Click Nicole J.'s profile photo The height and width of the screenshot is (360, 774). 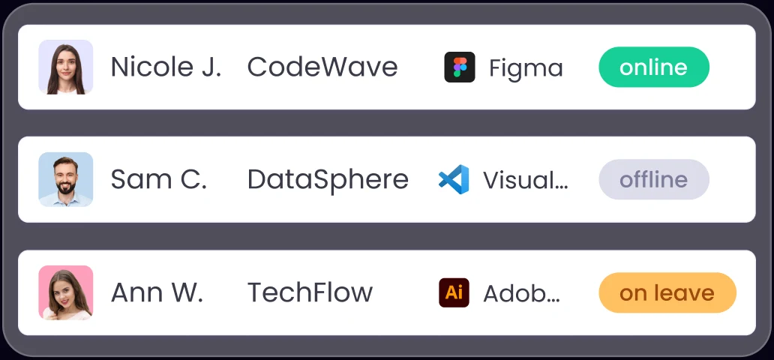pyautogui.click(x=66, y=67)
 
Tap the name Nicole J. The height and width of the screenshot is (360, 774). pyautogui.click(x=166, y=67)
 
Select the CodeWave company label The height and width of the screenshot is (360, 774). pyautogui.click(x=322, y=67)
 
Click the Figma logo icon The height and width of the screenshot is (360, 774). pyautogui.click(x=460, y=67)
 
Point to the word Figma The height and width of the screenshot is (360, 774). pyautogui.click(x=526, y=68)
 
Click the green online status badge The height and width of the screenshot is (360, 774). pyautogui.click(x=654, y=67)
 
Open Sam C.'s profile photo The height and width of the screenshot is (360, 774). pyautogui.click(x=66, y=179)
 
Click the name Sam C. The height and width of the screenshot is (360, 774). pyautogui.click(x=158, y=179)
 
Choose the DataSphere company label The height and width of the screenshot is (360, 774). pyautogui.click(x=328, y=180)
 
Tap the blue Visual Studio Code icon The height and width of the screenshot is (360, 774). pyautogui.click(x=454, y=179)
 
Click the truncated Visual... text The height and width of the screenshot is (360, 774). pyautogui.click(x=526, y=180)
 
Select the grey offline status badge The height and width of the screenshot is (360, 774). pyautogui.click(x=654, y=179)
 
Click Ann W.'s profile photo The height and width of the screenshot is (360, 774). pyautogui.click(x=66, y=292)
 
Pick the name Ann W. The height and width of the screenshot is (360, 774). pyautogui.click(x=157, y=292)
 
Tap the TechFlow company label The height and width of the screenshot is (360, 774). pyautogui.click(x=310, y=292)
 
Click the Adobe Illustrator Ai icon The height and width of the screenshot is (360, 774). pyautogui.click(x=454, y=292)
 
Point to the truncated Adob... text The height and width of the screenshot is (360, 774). pyautogui.click(x=522, y=293)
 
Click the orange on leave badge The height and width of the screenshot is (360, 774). pyautogui.click(x=667, y=292)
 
